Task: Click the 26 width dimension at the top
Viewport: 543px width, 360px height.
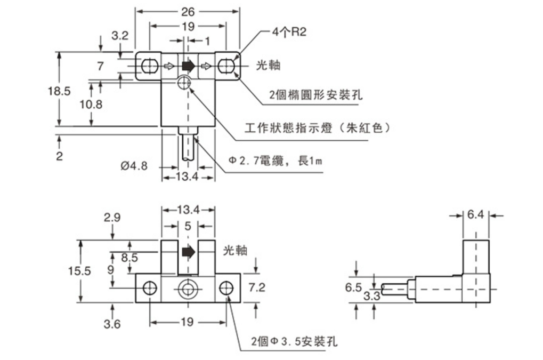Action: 188,10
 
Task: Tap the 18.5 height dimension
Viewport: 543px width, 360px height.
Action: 60,90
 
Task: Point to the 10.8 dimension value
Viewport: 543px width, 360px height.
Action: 91,104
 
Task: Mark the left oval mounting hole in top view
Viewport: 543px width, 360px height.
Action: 149,66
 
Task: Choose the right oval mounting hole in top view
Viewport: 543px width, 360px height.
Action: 226,66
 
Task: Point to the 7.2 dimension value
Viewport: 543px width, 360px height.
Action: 257,288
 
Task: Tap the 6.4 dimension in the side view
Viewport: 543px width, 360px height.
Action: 475,215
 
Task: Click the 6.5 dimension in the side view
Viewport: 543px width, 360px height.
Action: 353,288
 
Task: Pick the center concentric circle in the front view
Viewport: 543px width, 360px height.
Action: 188,289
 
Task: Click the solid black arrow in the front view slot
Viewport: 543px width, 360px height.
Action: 188,251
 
